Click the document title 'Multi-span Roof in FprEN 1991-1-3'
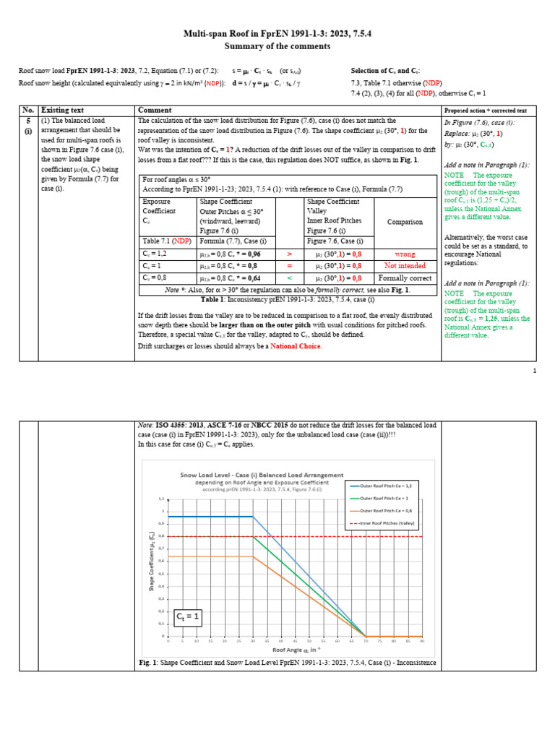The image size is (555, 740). (x=277, y=34)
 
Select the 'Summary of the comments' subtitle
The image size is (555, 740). (x=277, y=46)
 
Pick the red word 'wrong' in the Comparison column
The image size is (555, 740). (x=404, y=254)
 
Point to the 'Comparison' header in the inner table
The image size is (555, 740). (x=404, y=222)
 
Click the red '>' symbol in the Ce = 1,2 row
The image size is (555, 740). (x=289, y=254)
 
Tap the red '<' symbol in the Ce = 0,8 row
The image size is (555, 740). (x=289, y=277)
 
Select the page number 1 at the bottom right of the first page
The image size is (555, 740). (x=534, y=371)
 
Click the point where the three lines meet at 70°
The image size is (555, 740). (x=365, y=636)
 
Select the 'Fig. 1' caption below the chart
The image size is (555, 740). (x=287, y=663)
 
